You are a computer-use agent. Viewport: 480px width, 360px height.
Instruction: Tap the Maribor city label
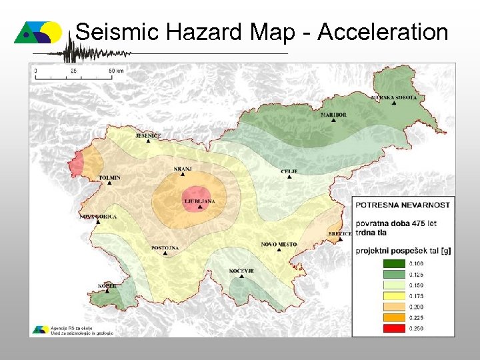(x=333, y=115)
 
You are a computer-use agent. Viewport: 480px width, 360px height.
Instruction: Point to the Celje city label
(x=289, y=171)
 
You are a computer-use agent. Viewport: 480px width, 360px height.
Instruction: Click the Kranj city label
(x=182, y=169)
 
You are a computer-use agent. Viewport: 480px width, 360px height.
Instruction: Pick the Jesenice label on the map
(x=148, y=136)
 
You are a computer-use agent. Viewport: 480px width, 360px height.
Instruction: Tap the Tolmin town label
(x=109, y=178)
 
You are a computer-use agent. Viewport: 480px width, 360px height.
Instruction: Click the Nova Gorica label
(x=98, y=217)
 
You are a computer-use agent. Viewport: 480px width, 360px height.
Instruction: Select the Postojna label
(x=165, y=248)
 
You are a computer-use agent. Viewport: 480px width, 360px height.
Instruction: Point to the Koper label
(x=107, y=285)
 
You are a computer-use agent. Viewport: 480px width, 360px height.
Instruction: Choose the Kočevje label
(x=241, y=271)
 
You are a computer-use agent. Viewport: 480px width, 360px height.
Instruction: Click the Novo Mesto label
(x=279, y=245)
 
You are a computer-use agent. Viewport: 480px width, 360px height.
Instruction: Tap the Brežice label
(x=340, y=234)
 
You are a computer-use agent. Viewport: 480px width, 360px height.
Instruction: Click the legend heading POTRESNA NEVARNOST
(x=403, y=205)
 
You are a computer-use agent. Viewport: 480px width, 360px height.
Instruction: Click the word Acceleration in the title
(x=383, y=31)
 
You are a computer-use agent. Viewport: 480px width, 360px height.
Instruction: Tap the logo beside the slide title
(x=39, y=32)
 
